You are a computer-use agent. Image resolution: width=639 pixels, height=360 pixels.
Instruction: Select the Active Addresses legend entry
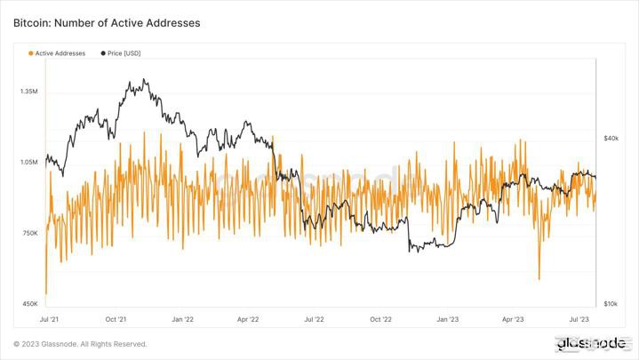coord(58,53)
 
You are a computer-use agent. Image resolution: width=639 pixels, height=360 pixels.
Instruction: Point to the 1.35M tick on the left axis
coord(28,92)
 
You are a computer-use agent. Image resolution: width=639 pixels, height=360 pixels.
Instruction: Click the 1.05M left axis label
coord(28,163)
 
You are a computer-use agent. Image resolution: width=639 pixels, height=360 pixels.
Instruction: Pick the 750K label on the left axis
coord(29,233)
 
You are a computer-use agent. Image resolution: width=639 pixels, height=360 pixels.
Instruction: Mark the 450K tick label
coord(29,304)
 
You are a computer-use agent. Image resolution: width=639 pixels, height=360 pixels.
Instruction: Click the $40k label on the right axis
coord(611,139)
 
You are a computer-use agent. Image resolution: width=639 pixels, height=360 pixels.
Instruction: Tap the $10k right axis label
coord(611,304)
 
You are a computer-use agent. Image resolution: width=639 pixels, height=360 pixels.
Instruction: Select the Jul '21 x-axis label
coord(50,318)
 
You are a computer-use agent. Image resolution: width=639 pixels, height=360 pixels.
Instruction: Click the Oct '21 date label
coord(116,318)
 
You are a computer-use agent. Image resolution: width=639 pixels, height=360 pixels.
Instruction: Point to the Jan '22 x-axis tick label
coord(183,318)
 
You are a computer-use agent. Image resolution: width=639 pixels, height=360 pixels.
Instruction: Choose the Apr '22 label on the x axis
coord(248,318)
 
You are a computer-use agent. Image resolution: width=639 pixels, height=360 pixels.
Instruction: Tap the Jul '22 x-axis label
coord(314,318)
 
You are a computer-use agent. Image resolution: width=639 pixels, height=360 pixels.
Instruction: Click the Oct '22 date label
coord(380,318)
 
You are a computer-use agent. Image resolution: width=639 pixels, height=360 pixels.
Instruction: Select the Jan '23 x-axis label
coord(447,318)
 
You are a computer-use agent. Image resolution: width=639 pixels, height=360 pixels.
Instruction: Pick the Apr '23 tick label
coord(513,318)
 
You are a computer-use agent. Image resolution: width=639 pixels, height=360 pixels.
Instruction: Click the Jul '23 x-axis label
coord(579,318)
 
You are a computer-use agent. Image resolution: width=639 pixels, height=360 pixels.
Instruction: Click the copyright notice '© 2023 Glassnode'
coord(80,344)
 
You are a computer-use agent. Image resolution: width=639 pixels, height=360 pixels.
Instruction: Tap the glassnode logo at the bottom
coord(591,343)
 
